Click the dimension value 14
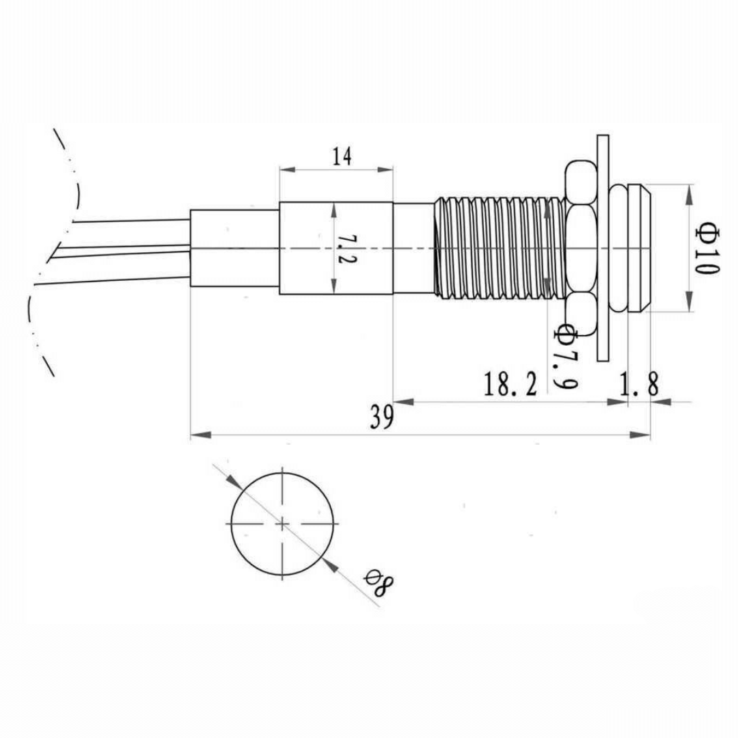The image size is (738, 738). (x=342, y=156)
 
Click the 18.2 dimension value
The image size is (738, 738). (x=510, y=385)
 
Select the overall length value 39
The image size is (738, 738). (x=382, y=418)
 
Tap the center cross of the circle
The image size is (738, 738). (x=283, y=523)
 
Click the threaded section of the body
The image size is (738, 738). (x=499, y=247)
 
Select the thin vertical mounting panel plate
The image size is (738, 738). (x=603, y=247)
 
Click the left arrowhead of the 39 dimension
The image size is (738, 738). (x=198, y=434)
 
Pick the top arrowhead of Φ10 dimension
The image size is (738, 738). (x=690, y=193)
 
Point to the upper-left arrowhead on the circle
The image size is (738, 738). (x=234, y=482)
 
